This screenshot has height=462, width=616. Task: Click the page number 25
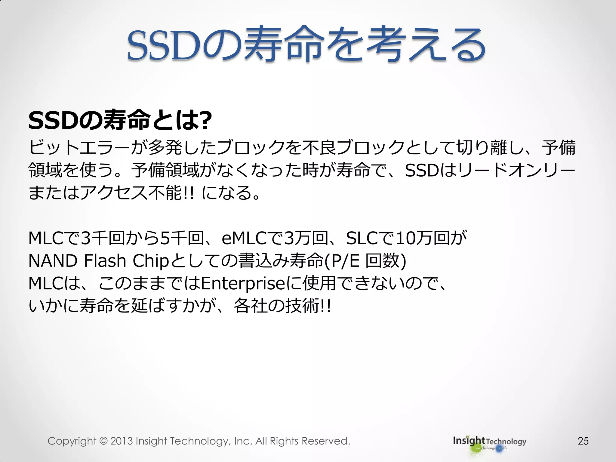[583, 441]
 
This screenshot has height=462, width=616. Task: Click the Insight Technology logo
[489, 442]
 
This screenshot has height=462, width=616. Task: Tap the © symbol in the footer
[103, 441]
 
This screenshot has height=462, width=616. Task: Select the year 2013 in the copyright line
[122, 441]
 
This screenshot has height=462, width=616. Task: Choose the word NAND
[53, 261]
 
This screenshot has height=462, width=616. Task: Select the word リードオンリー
[516, 171]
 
